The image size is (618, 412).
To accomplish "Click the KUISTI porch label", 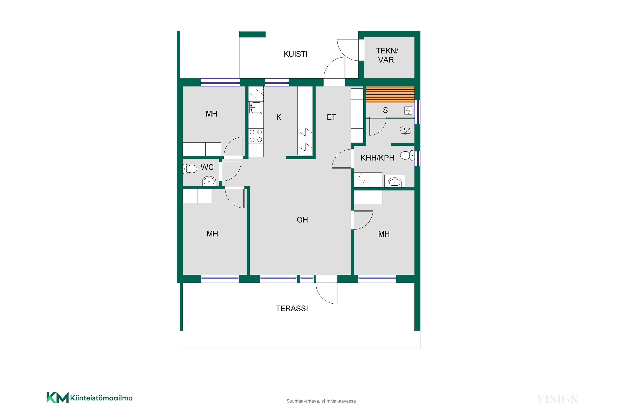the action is pos(295,54).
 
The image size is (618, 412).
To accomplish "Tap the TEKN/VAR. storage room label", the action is pos(387,55).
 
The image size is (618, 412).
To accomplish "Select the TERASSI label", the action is pos(292,308).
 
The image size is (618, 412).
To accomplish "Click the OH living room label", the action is pos(302,220).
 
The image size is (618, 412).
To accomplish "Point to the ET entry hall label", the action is pos(331,117).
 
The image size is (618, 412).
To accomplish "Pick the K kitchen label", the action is pos(279,117).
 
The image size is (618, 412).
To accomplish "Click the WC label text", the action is pos(207,167).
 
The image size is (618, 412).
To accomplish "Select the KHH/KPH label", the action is pos(377,158).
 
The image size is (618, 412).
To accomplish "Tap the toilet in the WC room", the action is pos(190,169).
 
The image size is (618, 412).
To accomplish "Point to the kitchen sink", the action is pos(255,108).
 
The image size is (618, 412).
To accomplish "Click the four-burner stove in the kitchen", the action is pos(256,136).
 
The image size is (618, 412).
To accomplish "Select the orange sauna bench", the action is pos(390,95).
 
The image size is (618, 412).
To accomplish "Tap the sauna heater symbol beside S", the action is pos(408,111).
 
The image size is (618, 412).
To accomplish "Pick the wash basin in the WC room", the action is pos(209,181).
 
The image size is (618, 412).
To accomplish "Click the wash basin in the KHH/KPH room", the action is pos(395,182).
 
